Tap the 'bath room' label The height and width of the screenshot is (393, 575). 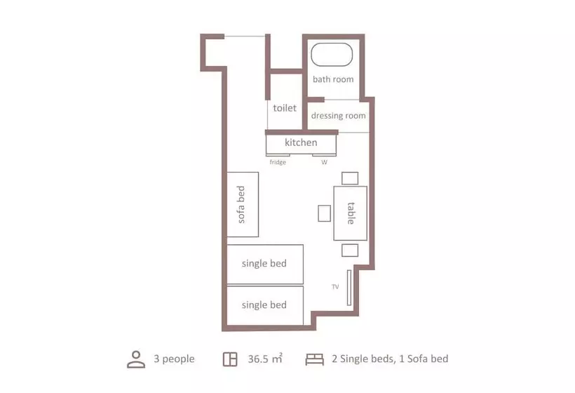333,79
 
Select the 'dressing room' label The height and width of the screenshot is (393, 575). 338,116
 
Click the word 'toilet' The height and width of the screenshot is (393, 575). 285,109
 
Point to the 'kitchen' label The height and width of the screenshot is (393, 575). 301,142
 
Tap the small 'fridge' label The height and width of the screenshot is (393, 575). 278,162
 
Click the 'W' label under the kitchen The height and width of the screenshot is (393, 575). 324,162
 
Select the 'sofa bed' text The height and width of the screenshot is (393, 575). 241,205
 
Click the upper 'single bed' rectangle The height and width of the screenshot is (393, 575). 264,264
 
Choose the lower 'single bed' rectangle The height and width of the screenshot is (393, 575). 264,305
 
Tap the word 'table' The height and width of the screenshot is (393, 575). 351,213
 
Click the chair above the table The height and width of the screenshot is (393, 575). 350,178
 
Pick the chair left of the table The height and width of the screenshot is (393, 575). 325,213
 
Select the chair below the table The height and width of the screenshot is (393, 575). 350,250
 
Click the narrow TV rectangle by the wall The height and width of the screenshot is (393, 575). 349,288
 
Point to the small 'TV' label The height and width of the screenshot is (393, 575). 335,286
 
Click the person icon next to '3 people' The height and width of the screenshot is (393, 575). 136,359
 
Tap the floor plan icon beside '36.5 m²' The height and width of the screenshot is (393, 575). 229,359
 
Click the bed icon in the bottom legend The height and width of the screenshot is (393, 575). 315,359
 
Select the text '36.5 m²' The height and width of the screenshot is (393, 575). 265,359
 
